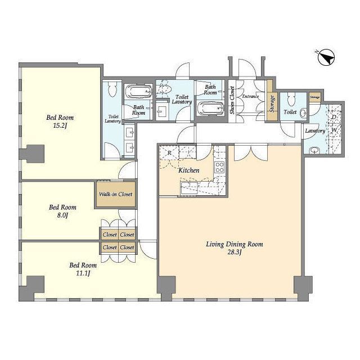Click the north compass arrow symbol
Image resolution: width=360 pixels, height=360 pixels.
tap(326, 57)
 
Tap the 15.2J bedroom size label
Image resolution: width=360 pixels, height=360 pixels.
tap(60, 126)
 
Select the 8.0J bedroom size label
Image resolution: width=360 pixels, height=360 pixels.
tap(62, 215)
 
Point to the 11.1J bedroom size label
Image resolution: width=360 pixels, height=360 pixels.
tap(83, 273)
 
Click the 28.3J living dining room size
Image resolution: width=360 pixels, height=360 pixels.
tap(235, 253)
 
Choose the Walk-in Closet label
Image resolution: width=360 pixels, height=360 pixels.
tap(116, 194)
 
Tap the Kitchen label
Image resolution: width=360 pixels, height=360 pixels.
tap(189, 170)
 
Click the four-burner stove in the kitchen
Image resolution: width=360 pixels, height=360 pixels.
tap(219, 167)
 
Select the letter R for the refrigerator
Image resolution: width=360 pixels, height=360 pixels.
tap(169, 152)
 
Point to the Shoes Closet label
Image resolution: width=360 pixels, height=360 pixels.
tap(232, 100)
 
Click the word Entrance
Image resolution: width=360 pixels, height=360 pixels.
tap(250, 96)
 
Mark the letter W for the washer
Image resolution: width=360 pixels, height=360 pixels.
tap(334, 130)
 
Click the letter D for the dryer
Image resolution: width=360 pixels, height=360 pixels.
tap(334, 117)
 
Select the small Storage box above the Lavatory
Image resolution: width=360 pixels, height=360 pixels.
tap(315, 97)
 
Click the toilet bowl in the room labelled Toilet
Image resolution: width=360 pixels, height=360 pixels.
tap(291, 99)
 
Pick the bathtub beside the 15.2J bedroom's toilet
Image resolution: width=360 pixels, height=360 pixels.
tap(138, 92)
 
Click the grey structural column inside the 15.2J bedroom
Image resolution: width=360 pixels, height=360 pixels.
tap(31, 154)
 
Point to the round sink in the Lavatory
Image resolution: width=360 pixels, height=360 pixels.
tap(313, 151)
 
